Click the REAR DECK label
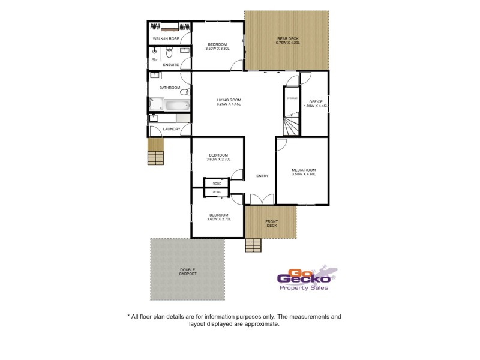point(287,41)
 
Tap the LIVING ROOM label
point(229,102)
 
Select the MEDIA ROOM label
point(303,172)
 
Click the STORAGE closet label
point(292,98)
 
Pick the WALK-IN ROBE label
point(166,38)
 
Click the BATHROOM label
point(169,88)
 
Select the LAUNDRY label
point(172,128)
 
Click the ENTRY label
point(262,176)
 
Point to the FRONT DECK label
point(271,224)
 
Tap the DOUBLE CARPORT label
point(187,272)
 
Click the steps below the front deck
point(253,245)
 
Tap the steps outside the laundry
point(156,157)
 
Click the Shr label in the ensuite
point(154,60)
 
